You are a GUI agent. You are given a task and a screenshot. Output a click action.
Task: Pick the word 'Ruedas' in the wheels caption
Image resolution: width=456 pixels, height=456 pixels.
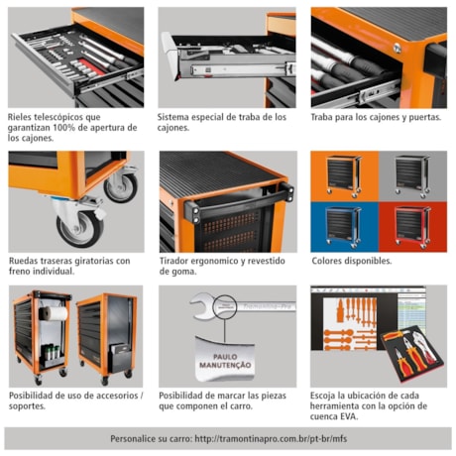26,261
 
